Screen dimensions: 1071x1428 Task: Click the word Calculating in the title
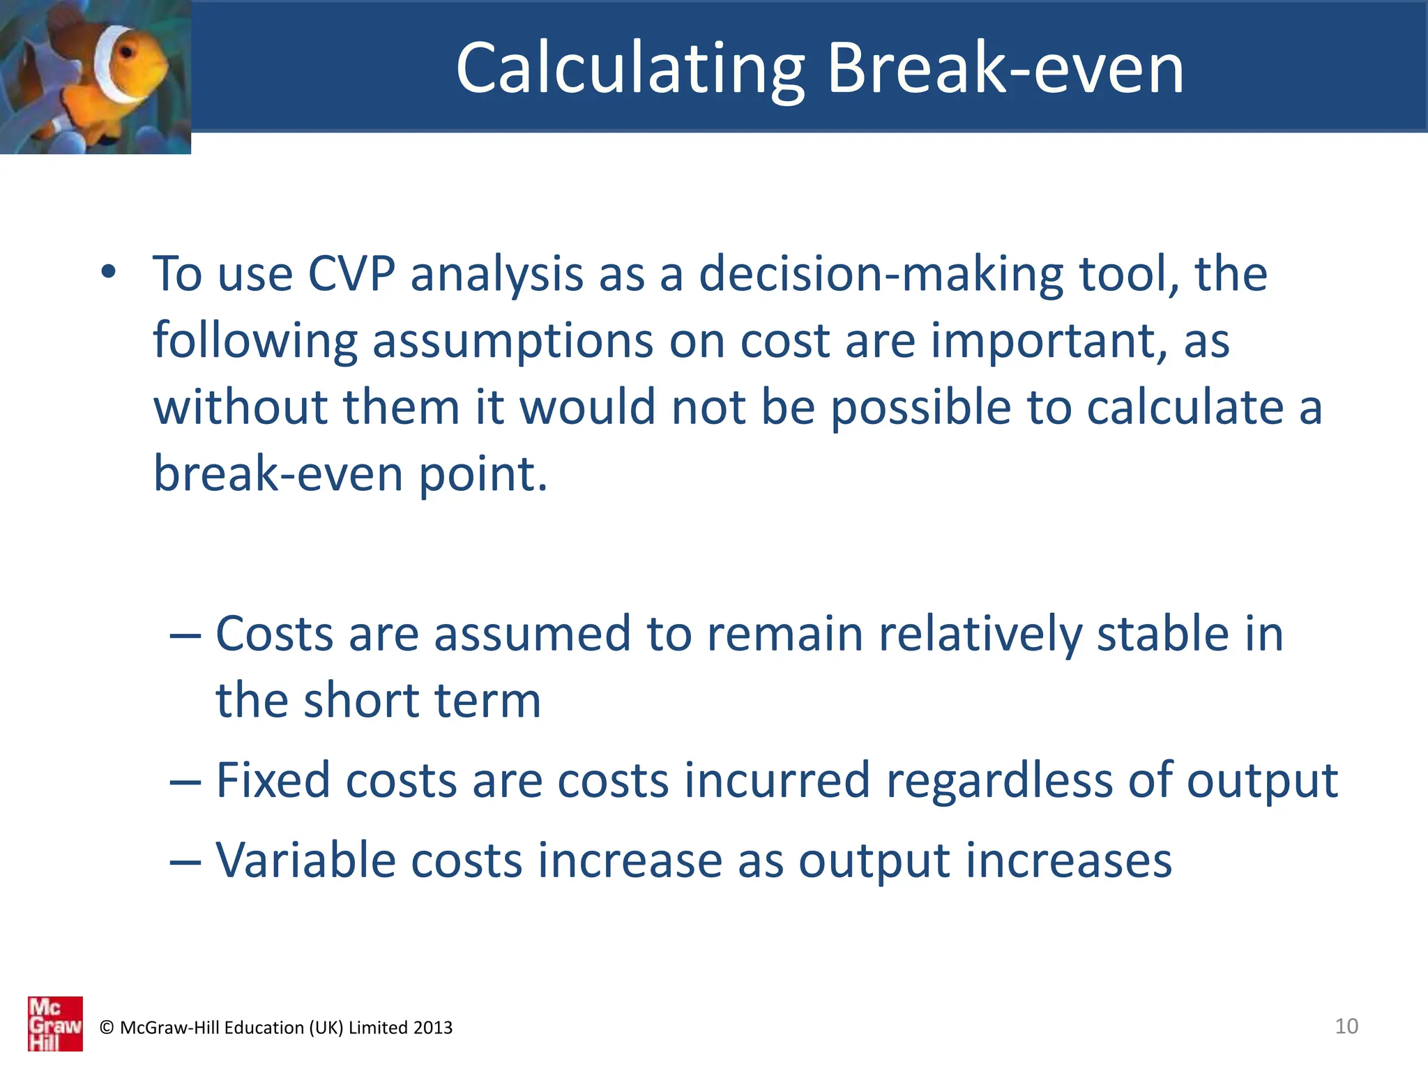tap(630, 68)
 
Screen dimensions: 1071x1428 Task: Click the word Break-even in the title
tap(1005, 68)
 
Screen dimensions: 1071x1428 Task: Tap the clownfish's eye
tap(127, 54)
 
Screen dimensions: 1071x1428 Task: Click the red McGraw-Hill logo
tap(55, 1024)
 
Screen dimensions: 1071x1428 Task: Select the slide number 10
tap(1346, 1026)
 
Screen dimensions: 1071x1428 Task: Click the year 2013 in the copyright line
tap(432, 1028)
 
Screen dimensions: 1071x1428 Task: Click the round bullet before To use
tap(108, 273)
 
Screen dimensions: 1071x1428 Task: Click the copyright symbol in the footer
tap(107, 1028)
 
